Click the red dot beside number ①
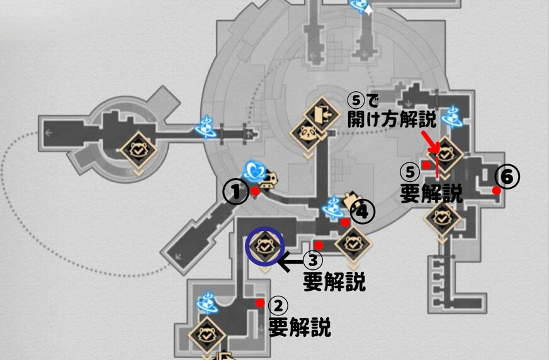pyautogui.click(x=254, y=191)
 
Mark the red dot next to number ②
pyautogui.click(x=260, y=303)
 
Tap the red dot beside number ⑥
pyautogui.click(x=496, y=190)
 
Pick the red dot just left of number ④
pyautogui.click(x=345, y=222)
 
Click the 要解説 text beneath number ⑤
pyautogui.click(x=431, y=193)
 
